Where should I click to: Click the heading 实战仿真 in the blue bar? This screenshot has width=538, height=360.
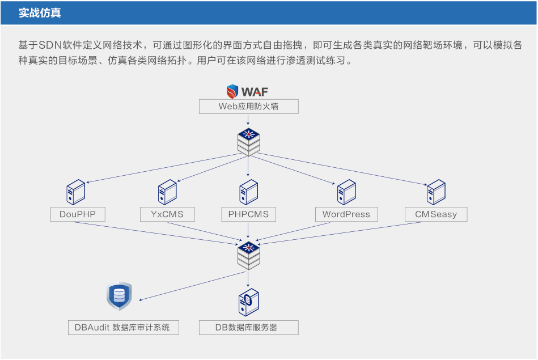(40, 13)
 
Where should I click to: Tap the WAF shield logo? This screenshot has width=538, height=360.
(232, 91)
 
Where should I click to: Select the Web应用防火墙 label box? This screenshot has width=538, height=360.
(248, 107)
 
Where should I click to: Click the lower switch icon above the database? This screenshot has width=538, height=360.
(248, 255)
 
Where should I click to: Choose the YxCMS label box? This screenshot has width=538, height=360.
(167, 214)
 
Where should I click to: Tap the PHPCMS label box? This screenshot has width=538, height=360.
(248, 214)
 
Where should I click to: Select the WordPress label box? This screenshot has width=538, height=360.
(346, 214)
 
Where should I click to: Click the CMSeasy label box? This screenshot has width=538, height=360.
(436, 214)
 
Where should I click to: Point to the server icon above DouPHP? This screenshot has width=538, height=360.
(76, 192)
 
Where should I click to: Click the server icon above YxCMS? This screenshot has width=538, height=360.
(167, 192)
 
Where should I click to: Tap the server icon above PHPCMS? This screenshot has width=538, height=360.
(248, 192)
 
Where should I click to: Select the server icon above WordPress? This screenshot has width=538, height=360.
(346, 192)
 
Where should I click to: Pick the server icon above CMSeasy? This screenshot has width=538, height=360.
(436, 192)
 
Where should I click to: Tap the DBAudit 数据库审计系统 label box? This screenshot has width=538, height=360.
(122, 328)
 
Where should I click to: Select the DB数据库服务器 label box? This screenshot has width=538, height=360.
(248, 328)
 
